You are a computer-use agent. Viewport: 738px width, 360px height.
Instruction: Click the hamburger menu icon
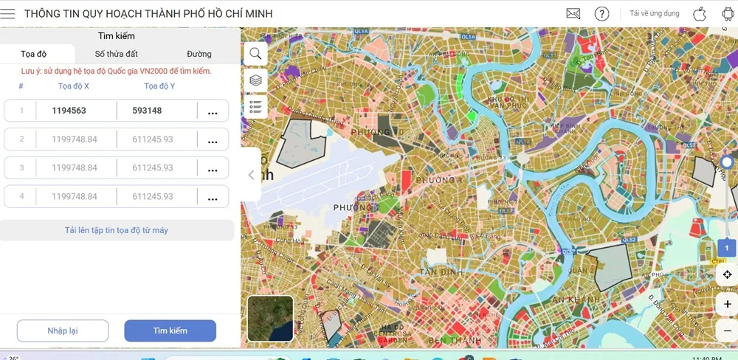[8, 14]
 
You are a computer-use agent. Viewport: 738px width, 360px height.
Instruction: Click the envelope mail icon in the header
[573, 14]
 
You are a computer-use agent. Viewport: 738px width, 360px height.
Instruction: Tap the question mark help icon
[601, 14]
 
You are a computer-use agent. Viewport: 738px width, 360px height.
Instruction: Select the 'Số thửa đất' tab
[116, 54]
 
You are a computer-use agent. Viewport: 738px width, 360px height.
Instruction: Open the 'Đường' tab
[199, 54]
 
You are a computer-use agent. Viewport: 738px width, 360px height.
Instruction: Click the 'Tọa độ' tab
[34, 54]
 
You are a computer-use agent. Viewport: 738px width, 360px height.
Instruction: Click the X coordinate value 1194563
[69, 111]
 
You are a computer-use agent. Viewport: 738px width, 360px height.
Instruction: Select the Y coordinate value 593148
[147, 111]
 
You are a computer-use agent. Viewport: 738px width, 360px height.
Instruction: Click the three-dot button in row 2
[213, 139]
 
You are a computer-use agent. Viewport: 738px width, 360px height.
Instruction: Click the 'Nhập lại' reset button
[63, 330]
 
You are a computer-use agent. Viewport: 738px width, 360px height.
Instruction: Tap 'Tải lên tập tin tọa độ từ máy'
[117, 230]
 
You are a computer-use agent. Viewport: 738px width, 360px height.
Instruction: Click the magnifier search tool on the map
[255, 53]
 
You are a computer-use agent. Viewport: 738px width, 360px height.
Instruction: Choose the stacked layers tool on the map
[255, 80]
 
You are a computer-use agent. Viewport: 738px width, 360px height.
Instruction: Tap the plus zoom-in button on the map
[727, 304]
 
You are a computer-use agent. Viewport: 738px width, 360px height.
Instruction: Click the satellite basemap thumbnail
[270, 318]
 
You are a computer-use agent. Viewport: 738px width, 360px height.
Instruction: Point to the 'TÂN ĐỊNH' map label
[441, 272]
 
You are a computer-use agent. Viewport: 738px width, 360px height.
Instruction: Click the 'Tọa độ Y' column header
[159, 86]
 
